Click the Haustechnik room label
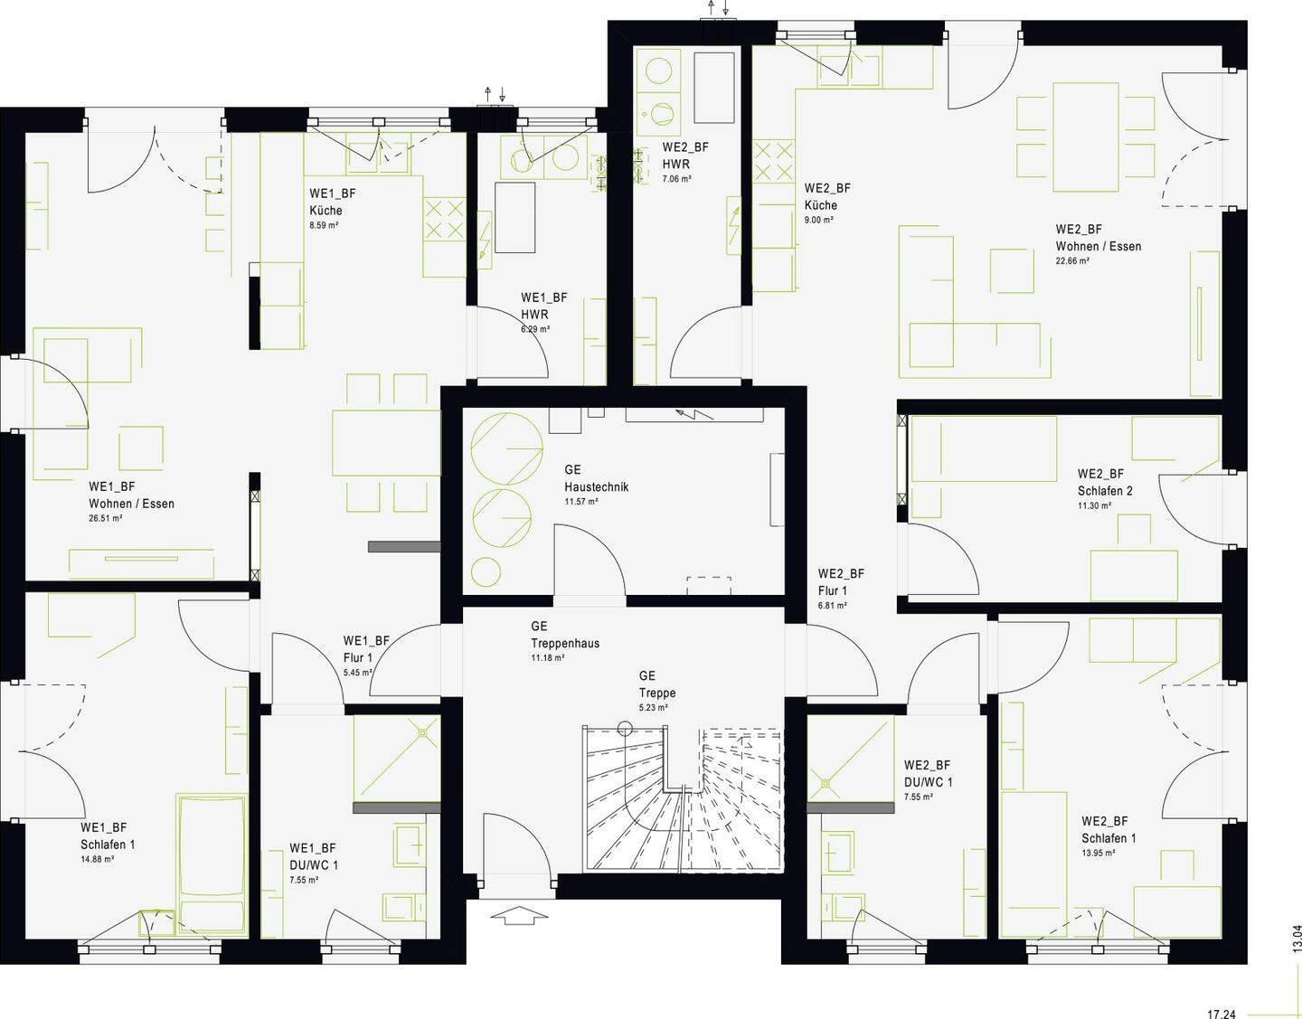tap(596, 487)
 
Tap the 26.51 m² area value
tap(106, 518)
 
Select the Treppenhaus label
tap(565, 644)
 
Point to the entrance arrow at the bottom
tap(519, 915)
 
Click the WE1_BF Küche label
tap(333, 202)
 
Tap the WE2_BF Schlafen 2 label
tap(1105, 482)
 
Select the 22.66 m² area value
tap(1072, 260)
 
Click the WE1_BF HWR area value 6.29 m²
tap(535, 328)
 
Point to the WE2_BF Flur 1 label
tap(841, 581)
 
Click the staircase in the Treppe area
tap(683, 799)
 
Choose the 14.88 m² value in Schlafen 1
tap(98, 858)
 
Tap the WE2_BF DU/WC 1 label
tap(928, 773)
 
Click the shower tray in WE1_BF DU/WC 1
tap(397, 759)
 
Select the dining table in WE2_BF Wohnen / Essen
tap(1086, 137)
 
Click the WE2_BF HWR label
tap(685, 156)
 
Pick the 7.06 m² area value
tap(676, 178)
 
